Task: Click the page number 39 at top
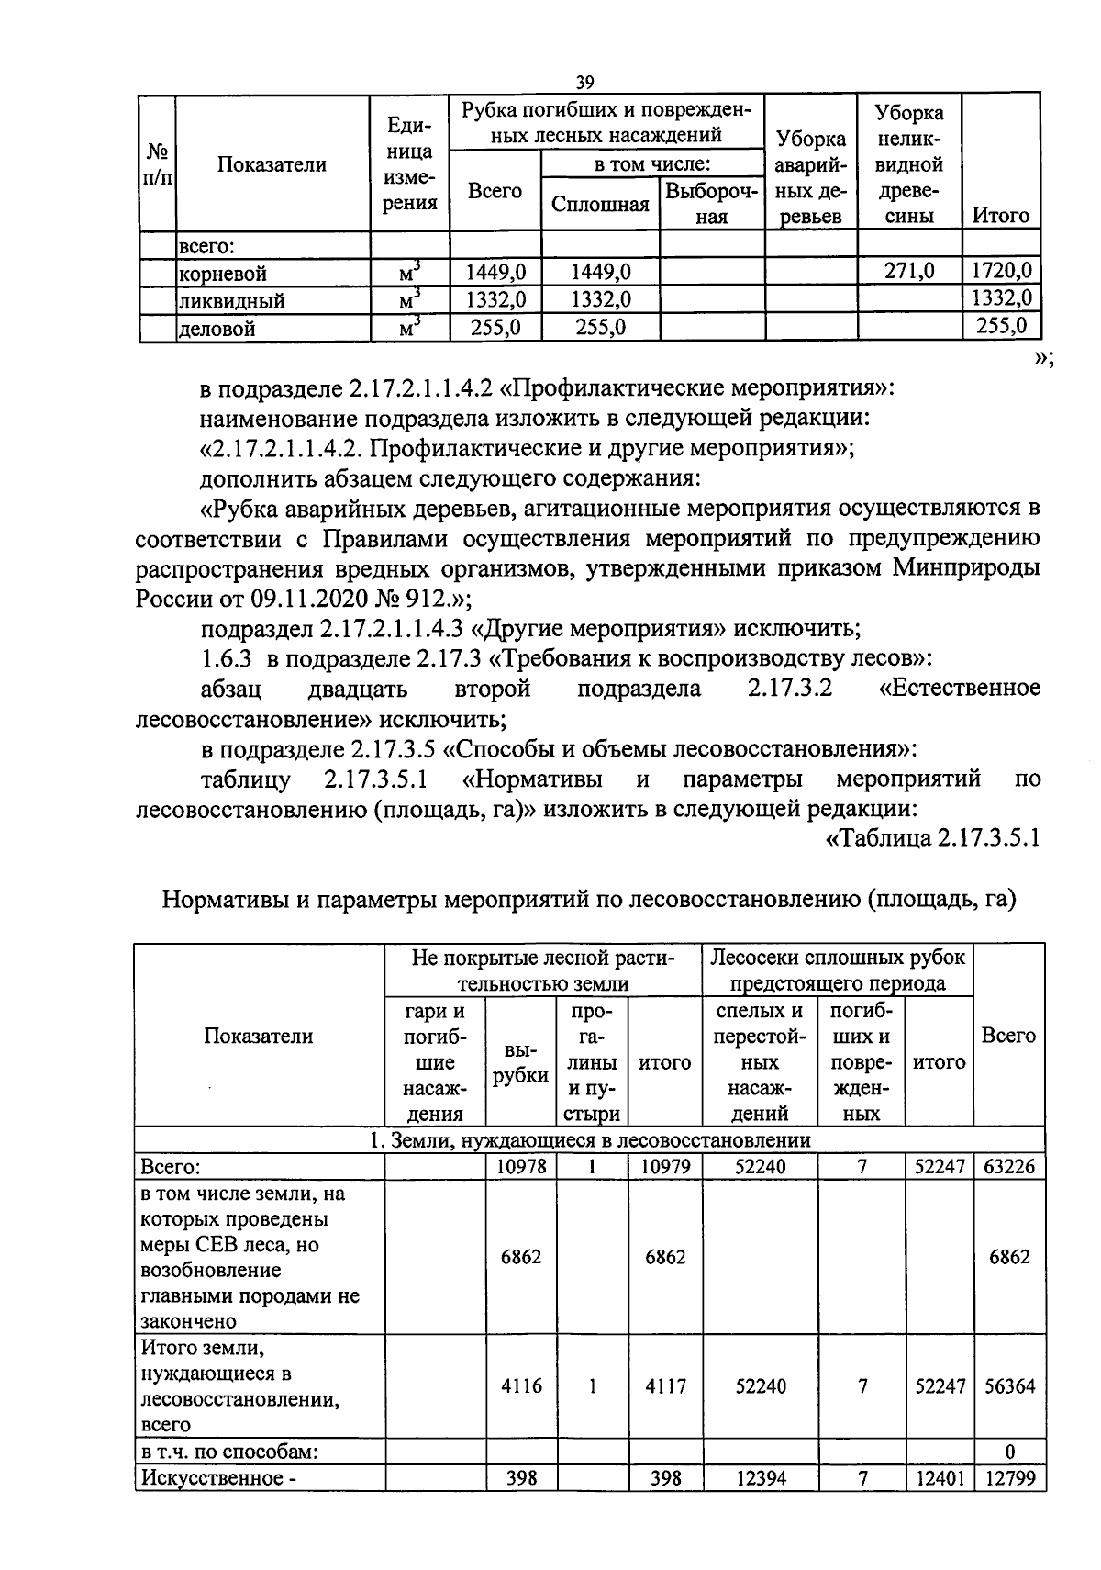[x=584, y=82]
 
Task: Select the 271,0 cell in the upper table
[x=908, y=271]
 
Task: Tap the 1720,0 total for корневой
[x=1001, y=271]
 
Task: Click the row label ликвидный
[x=231, y=300]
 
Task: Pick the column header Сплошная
[x=600, y=204]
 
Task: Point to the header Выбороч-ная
[x=711, y=204]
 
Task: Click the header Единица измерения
[x=409, y=163]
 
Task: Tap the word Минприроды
[x=966, y=567]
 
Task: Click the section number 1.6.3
[x=226, y=658]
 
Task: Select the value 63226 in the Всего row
[x=1008, y=1167]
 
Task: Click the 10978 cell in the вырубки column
[x=520, y=1167]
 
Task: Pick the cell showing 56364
[x=1008, y=1386]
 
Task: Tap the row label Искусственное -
[x=218, y=1477]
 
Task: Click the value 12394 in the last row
[x=761, y=1477]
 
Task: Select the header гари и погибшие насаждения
[x=434, y=1062]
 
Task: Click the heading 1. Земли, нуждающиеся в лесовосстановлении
[x=589, y=1140]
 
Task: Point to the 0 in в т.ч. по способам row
[x=1009, y=1452]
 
